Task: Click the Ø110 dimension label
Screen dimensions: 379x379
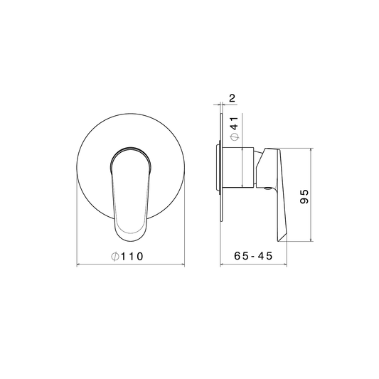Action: [127, 256]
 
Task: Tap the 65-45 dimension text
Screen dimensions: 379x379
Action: [253, 256]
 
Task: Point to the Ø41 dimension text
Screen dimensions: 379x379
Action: [235, 129]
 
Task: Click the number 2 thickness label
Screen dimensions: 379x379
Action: [232, 98]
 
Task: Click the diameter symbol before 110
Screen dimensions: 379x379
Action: [115, 257]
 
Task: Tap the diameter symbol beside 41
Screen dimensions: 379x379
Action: [235, 137]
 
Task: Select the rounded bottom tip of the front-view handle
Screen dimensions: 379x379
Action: [131, 240]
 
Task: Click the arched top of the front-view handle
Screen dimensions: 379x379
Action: [131, 148]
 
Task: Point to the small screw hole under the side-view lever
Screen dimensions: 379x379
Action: [267, 188]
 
